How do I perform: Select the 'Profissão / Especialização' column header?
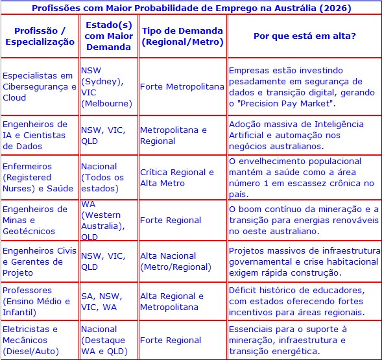[40, 36]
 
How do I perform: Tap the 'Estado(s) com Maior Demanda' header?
[108, 36]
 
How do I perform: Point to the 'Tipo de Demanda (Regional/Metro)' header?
[182, 36]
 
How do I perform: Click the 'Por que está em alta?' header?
[304, 36]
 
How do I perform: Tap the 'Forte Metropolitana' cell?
[182, 86]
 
